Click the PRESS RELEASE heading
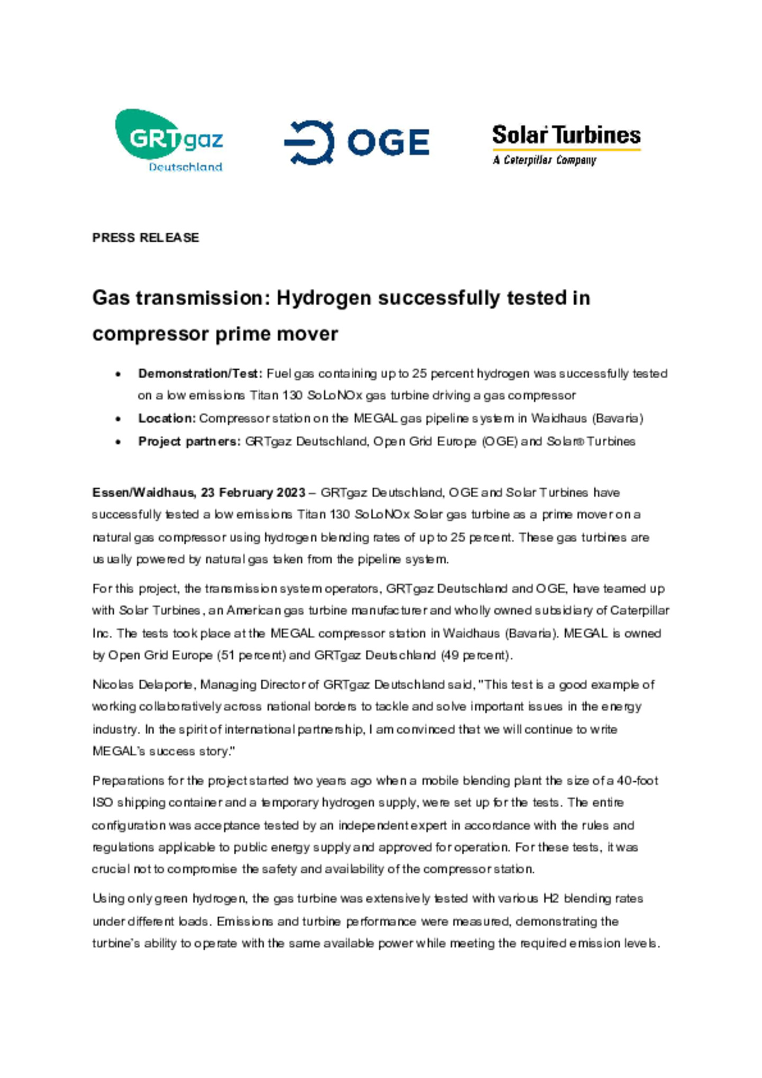click(146, 237)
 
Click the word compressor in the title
click(150, 334)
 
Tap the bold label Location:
click(167, 418)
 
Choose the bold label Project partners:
click(189, 441)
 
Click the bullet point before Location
click(118, 419)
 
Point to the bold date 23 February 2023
click(253, 492)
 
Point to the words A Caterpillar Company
click(544, 160)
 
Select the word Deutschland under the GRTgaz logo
click(185, 167)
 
